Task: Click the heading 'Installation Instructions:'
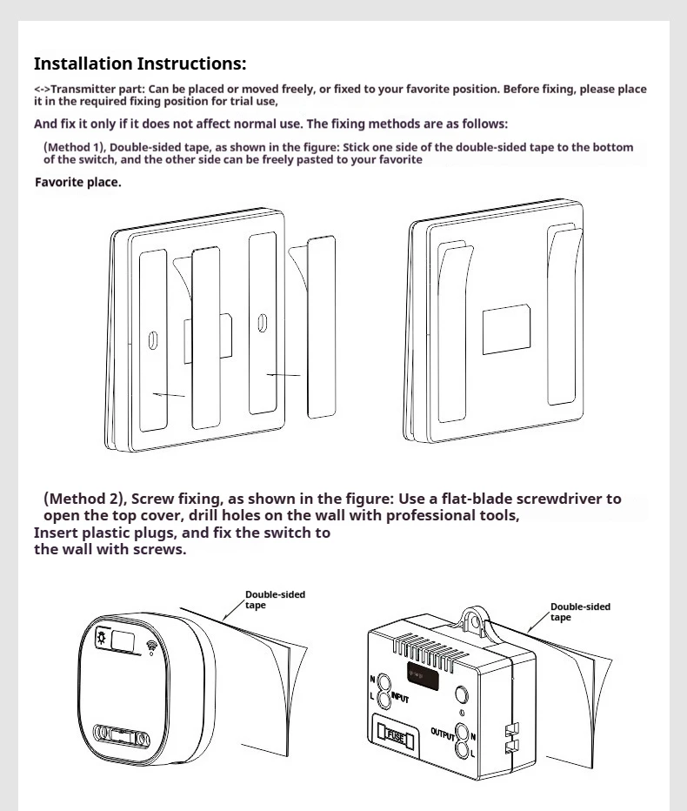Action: pyautogui.click(x=139, y=64)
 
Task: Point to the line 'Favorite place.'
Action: pyautogui.click(x=77, y=183)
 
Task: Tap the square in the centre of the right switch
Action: pyautogui.click(x=506, y=328)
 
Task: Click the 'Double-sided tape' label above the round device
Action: pyautogui.click(x=275, y=600)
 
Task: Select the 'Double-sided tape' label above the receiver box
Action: pyautogui.click(x=580, y=612)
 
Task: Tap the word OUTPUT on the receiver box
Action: pyautogui.click(x=443, y=733)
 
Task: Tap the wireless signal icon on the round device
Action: pyautogui.click(x=154, y=646)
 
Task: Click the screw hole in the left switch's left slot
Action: pyautogui.click(x=153, y=339)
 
